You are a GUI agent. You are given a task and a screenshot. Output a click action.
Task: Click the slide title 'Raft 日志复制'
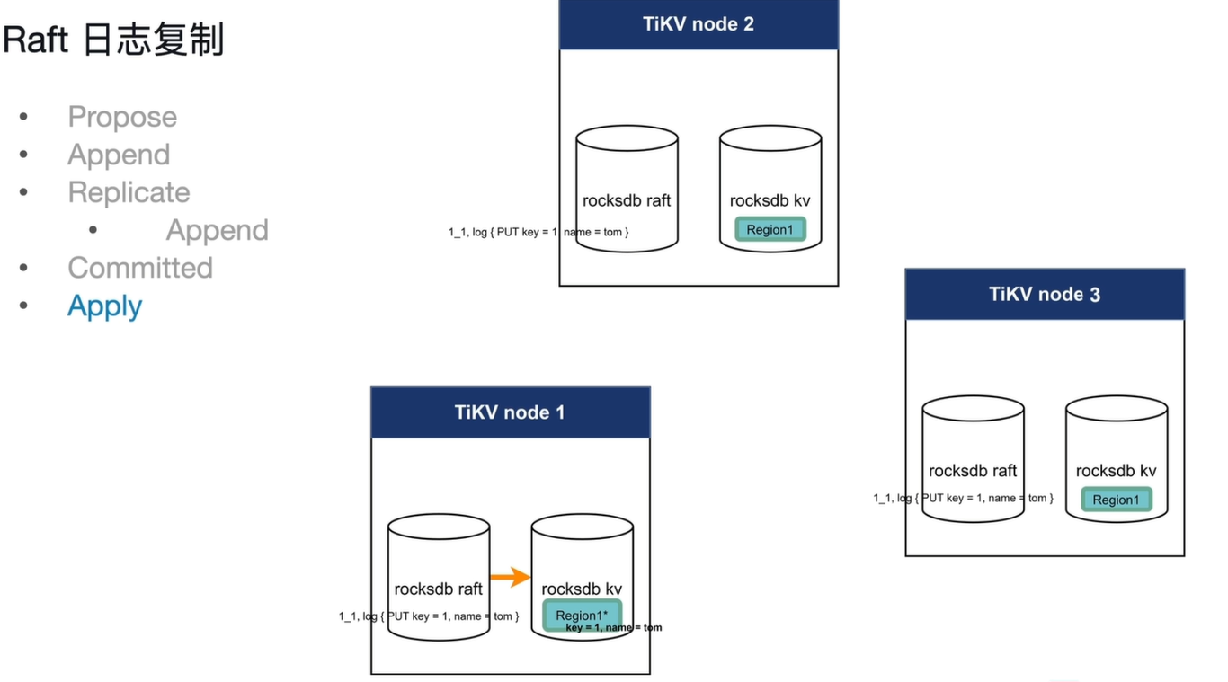coord(113,40)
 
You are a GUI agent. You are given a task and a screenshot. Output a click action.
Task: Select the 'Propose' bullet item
coord(122,117)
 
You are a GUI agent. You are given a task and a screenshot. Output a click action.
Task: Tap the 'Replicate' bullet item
coord(129,192)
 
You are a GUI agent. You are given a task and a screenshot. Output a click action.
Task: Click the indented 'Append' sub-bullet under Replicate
coord(217,230)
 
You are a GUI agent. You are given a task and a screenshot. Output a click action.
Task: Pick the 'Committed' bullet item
coord(140,268)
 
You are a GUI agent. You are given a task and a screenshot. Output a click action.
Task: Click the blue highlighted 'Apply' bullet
coord(104,306)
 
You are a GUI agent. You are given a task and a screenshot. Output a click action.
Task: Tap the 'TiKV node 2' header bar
coord(699,24)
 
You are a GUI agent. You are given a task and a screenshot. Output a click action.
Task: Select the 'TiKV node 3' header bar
coord(1045,294)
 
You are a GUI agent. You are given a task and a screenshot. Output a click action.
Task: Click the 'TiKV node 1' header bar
coord(511,412)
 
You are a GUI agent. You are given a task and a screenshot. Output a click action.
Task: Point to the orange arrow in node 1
coord(510,577)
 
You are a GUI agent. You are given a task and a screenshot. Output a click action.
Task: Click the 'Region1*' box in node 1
coord(582,616)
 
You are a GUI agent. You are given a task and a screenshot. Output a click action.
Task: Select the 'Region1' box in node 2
coord(770,229)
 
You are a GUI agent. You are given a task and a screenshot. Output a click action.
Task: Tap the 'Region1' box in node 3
coord(1117,500)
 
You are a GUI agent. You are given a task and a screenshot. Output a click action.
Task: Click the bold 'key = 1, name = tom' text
coord(613,628)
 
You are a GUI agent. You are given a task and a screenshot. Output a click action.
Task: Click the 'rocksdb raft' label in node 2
coord(627,200)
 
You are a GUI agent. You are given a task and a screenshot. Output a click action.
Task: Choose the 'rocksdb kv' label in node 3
coord(1117,471)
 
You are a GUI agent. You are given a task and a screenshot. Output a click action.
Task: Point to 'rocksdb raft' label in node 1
coord(438,589)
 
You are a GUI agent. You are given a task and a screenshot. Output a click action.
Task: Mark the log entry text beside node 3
coord(963,498)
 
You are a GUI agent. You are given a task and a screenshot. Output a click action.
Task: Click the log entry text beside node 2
coord(538,232)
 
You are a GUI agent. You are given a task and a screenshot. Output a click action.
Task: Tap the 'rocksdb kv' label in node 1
coord(582,589)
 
